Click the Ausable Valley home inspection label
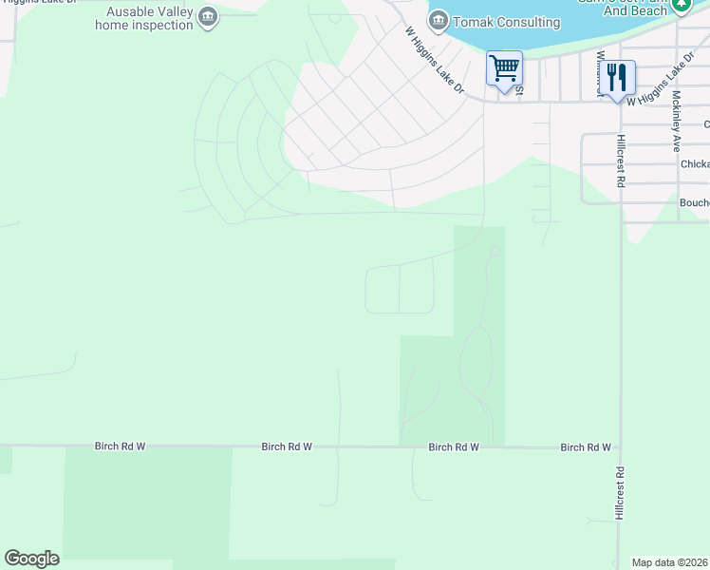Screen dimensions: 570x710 pyautogui.click(x=144, y=18)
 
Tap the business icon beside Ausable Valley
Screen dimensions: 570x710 pyautogui.click(x=209, y=16)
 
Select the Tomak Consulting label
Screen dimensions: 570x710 pyautogui.click(x=506, y=21)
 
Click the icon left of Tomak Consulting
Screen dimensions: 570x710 pyautogui.click(x=438, y=20)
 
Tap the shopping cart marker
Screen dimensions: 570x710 pyautogui.click(x=504, y=68)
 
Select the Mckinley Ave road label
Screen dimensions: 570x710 pyautogui.click(x=677, y=122)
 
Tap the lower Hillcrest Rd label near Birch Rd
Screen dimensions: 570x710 pyautogui.click(x=619, y=492)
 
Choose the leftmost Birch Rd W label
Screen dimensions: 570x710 pyautogui.click(x=120, y=446)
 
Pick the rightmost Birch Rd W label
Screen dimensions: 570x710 pyautogui.click(x=585, y=446)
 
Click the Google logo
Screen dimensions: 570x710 pyautogui.click(x=31, y=559)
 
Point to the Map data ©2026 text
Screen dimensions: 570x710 pyautogui.click(x=670, y=562)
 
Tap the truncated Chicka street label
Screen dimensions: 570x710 pyautogui.click(x=694, y=163)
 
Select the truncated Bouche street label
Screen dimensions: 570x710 pyautogui.click(x=694, y=202)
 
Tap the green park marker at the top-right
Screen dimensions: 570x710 pyautogui.click(x=681, y=5)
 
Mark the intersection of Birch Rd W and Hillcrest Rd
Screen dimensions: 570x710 pyautogui.click(x=620, y=446)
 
